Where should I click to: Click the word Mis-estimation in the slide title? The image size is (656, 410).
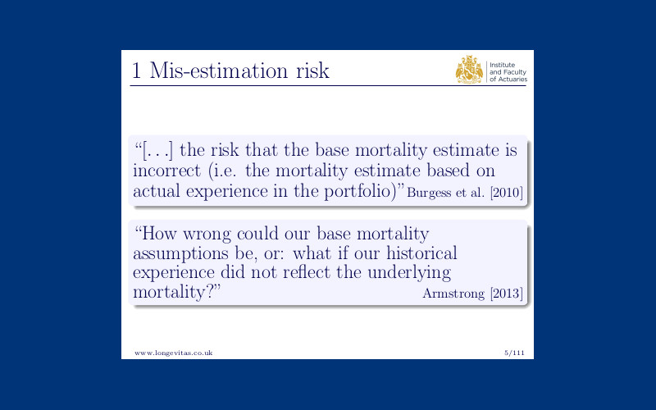(x=219, y=71)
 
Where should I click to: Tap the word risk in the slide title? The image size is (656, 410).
(x=313, y=71)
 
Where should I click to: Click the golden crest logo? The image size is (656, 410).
(x=469, y=70)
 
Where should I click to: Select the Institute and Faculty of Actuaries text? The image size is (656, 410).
(x=508, y=72)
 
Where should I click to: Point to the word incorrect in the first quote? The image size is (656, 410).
(x=167, y=171)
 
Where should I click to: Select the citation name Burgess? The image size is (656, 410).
(x=429, y=193)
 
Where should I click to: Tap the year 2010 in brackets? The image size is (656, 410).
(x=507, y=193)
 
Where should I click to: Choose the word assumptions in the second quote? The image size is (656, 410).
(x=180, y=254)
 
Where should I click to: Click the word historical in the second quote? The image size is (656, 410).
(x=421, y=253)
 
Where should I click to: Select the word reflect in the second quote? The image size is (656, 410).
(x=307, y=272)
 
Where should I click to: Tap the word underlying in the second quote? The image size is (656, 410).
(x=409, y=273)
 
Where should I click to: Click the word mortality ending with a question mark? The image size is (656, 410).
(x=176, y=292)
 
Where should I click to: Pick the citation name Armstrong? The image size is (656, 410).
(x=453, y=294)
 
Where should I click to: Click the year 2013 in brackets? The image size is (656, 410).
(x=507, y=294)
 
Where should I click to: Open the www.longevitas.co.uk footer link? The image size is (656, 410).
(x=174, y=353)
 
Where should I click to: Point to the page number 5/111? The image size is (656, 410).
(x=514, y=353)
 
